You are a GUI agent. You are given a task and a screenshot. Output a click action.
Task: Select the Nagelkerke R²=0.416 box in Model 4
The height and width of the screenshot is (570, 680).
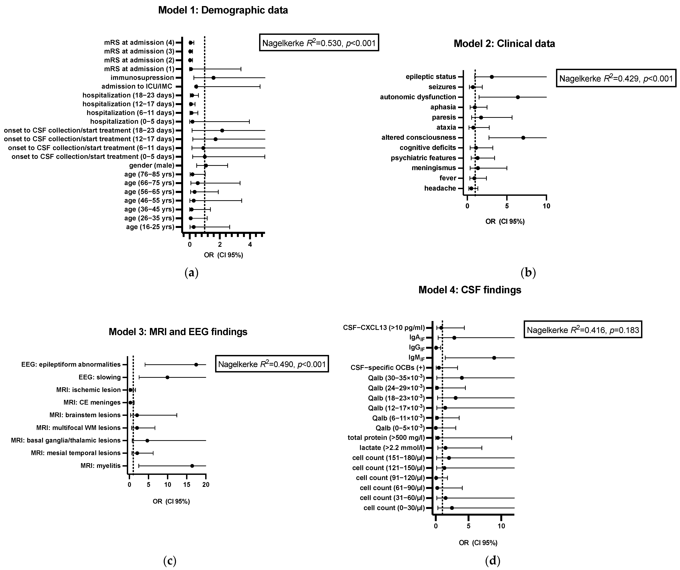click(583, 330)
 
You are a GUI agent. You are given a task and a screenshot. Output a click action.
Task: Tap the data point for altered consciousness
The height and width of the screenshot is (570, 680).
click(523, 138)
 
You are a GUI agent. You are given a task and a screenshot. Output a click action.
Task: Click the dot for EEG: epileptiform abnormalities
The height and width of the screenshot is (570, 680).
click(196, 364)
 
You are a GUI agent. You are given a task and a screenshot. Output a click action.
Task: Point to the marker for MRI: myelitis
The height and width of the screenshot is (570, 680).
click(192, 466)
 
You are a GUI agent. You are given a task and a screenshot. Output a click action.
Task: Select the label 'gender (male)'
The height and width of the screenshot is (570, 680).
click(152, 166)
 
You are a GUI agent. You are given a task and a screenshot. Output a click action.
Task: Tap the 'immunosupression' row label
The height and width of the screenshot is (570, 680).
click(142, 78)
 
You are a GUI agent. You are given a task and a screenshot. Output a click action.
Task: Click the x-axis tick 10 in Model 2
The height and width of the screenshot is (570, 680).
click(546, 206)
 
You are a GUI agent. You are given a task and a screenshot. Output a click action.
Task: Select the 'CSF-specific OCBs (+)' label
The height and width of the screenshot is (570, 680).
click(388, 368)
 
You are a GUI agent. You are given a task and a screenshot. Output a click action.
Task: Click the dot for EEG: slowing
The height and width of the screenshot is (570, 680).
click(167, 377)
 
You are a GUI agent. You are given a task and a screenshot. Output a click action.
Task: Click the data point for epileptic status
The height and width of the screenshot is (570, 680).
click(492, 77)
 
